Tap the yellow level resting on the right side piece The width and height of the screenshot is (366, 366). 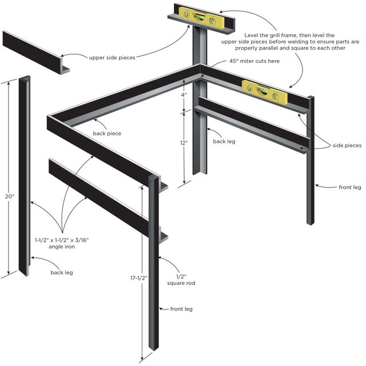coord(264,92)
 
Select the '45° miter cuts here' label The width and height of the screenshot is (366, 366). coord(254,61)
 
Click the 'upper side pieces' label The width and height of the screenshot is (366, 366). coord(113,57)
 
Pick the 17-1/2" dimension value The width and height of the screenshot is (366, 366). coord(138,278)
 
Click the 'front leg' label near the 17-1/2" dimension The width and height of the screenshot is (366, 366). coord(181,309)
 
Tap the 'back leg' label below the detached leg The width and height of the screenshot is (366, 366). coord(62,272)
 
